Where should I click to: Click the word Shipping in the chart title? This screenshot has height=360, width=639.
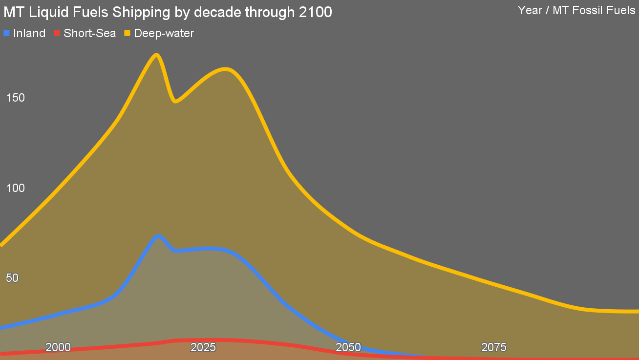[x=141, y=13]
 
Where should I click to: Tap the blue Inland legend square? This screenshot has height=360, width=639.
[x=7, y=33]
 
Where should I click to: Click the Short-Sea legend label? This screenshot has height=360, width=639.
[x=89, y=33]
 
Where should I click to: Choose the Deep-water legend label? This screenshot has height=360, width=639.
[x=164, y=33]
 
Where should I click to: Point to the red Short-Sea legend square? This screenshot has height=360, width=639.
[x=57, y=33]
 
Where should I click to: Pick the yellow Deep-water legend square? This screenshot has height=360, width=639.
[x=127, y=33]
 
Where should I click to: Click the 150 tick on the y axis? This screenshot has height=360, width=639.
[x=16, y=98]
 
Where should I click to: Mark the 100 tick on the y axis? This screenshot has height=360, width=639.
[x=16, y=188]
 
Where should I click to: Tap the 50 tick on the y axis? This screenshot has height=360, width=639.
[x=12, y=278]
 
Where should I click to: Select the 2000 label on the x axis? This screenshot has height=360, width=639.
[x=58, y=347]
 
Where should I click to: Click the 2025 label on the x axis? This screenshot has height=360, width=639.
[x=203, y=347]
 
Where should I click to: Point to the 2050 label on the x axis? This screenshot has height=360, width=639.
[x=348, y=347]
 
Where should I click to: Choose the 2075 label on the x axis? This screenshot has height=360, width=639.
[x=493, y=347]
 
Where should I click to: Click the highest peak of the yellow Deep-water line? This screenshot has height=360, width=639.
[x=156, y=55]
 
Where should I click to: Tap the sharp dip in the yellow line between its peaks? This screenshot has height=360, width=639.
[x=175, y=101]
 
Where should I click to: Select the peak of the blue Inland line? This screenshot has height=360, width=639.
[x=157, y=236]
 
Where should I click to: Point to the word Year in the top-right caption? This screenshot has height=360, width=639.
[x=530, y=10]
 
